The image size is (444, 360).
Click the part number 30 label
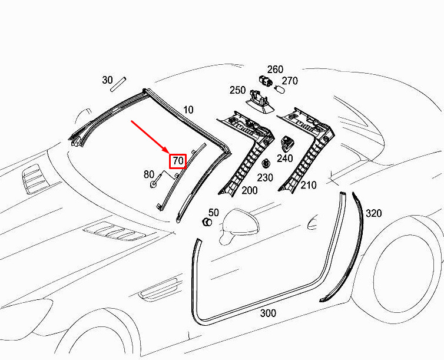pos(107,80)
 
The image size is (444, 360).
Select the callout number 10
pos(188,110)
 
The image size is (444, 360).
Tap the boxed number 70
pos(178,161)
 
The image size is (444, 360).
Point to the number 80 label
pos(149,174)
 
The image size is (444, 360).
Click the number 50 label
pos(214,213)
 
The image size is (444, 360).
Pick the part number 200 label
pos(250,190)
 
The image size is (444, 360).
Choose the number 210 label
pos(309,185)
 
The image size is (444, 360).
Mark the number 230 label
pos(265,177)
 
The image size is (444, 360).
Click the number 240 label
pos(285,158)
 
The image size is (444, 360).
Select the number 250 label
pos(237,90)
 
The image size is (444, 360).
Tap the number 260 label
pos(275,70)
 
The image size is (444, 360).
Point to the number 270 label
pos(290,81)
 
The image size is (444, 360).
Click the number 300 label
pos(268,313)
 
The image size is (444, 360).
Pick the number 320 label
pos(374,213)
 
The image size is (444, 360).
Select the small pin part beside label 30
pos(118,84)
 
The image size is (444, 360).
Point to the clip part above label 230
pos(266,164)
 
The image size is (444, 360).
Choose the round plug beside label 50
pos(207,222)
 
